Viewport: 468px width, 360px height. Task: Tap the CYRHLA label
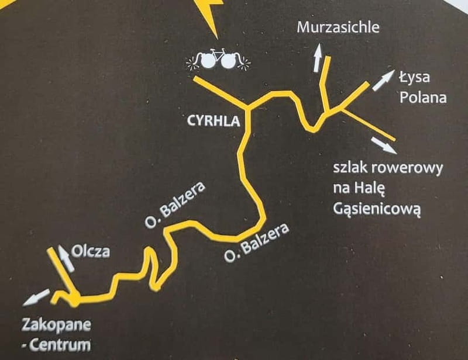pyautogui.click(x=214, y=122)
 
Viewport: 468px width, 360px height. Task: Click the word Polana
pyautogui.click(x=423, y=96)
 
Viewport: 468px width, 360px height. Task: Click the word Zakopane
pyautogui.click(x=57, y=324)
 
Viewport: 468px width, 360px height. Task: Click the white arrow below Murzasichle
pyautogui.click(x=318, y=58)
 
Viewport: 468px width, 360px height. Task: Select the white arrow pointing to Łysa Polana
pyautogui.click(x=383, y=80)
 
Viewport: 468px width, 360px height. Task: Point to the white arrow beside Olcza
pyautogui.click(x=66, y=259)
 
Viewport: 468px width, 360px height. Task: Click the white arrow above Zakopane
pyautogui.click(x=36, y=298)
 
